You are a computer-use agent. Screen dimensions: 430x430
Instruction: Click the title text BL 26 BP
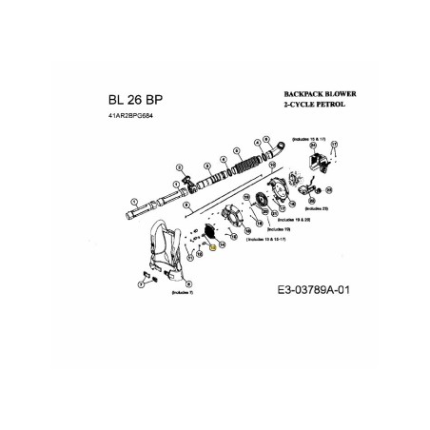(x=138, y=100)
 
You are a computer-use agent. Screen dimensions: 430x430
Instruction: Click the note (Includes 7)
(x=184, y=294)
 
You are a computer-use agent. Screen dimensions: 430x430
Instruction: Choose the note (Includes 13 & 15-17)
(x=269, y=241)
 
